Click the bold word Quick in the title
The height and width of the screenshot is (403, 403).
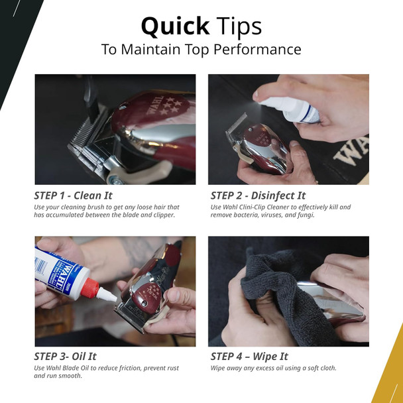tap(173, 27)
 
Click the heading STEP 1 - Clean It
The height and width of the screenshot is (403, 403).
tap(74, 196)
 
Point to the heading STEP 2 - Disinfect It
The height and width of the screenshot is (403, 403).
tap(259, 196)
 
